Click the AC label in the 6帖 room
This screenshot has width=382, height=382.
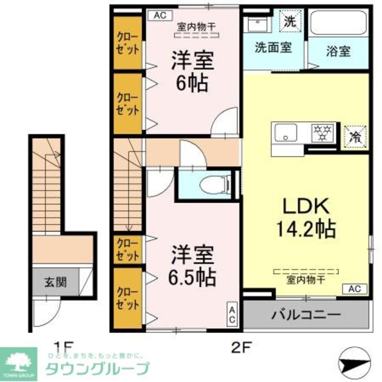click(160, 15)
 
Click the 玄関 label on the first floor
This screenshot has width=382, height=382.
click(55, 282)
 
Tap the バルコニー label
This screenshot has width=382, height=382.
click(306, 315)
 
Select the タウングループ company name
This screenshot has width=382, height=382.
click(97, 369)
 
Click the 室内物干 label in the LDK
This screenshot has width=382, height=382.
click(306, 280)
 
